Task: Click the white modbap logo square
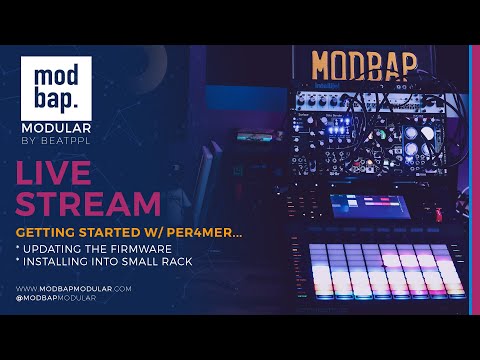(x=62, y=89)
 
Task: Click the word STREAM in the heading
(x=88, y=203)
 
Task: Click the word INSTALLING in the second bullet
(x=61, y=261)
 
